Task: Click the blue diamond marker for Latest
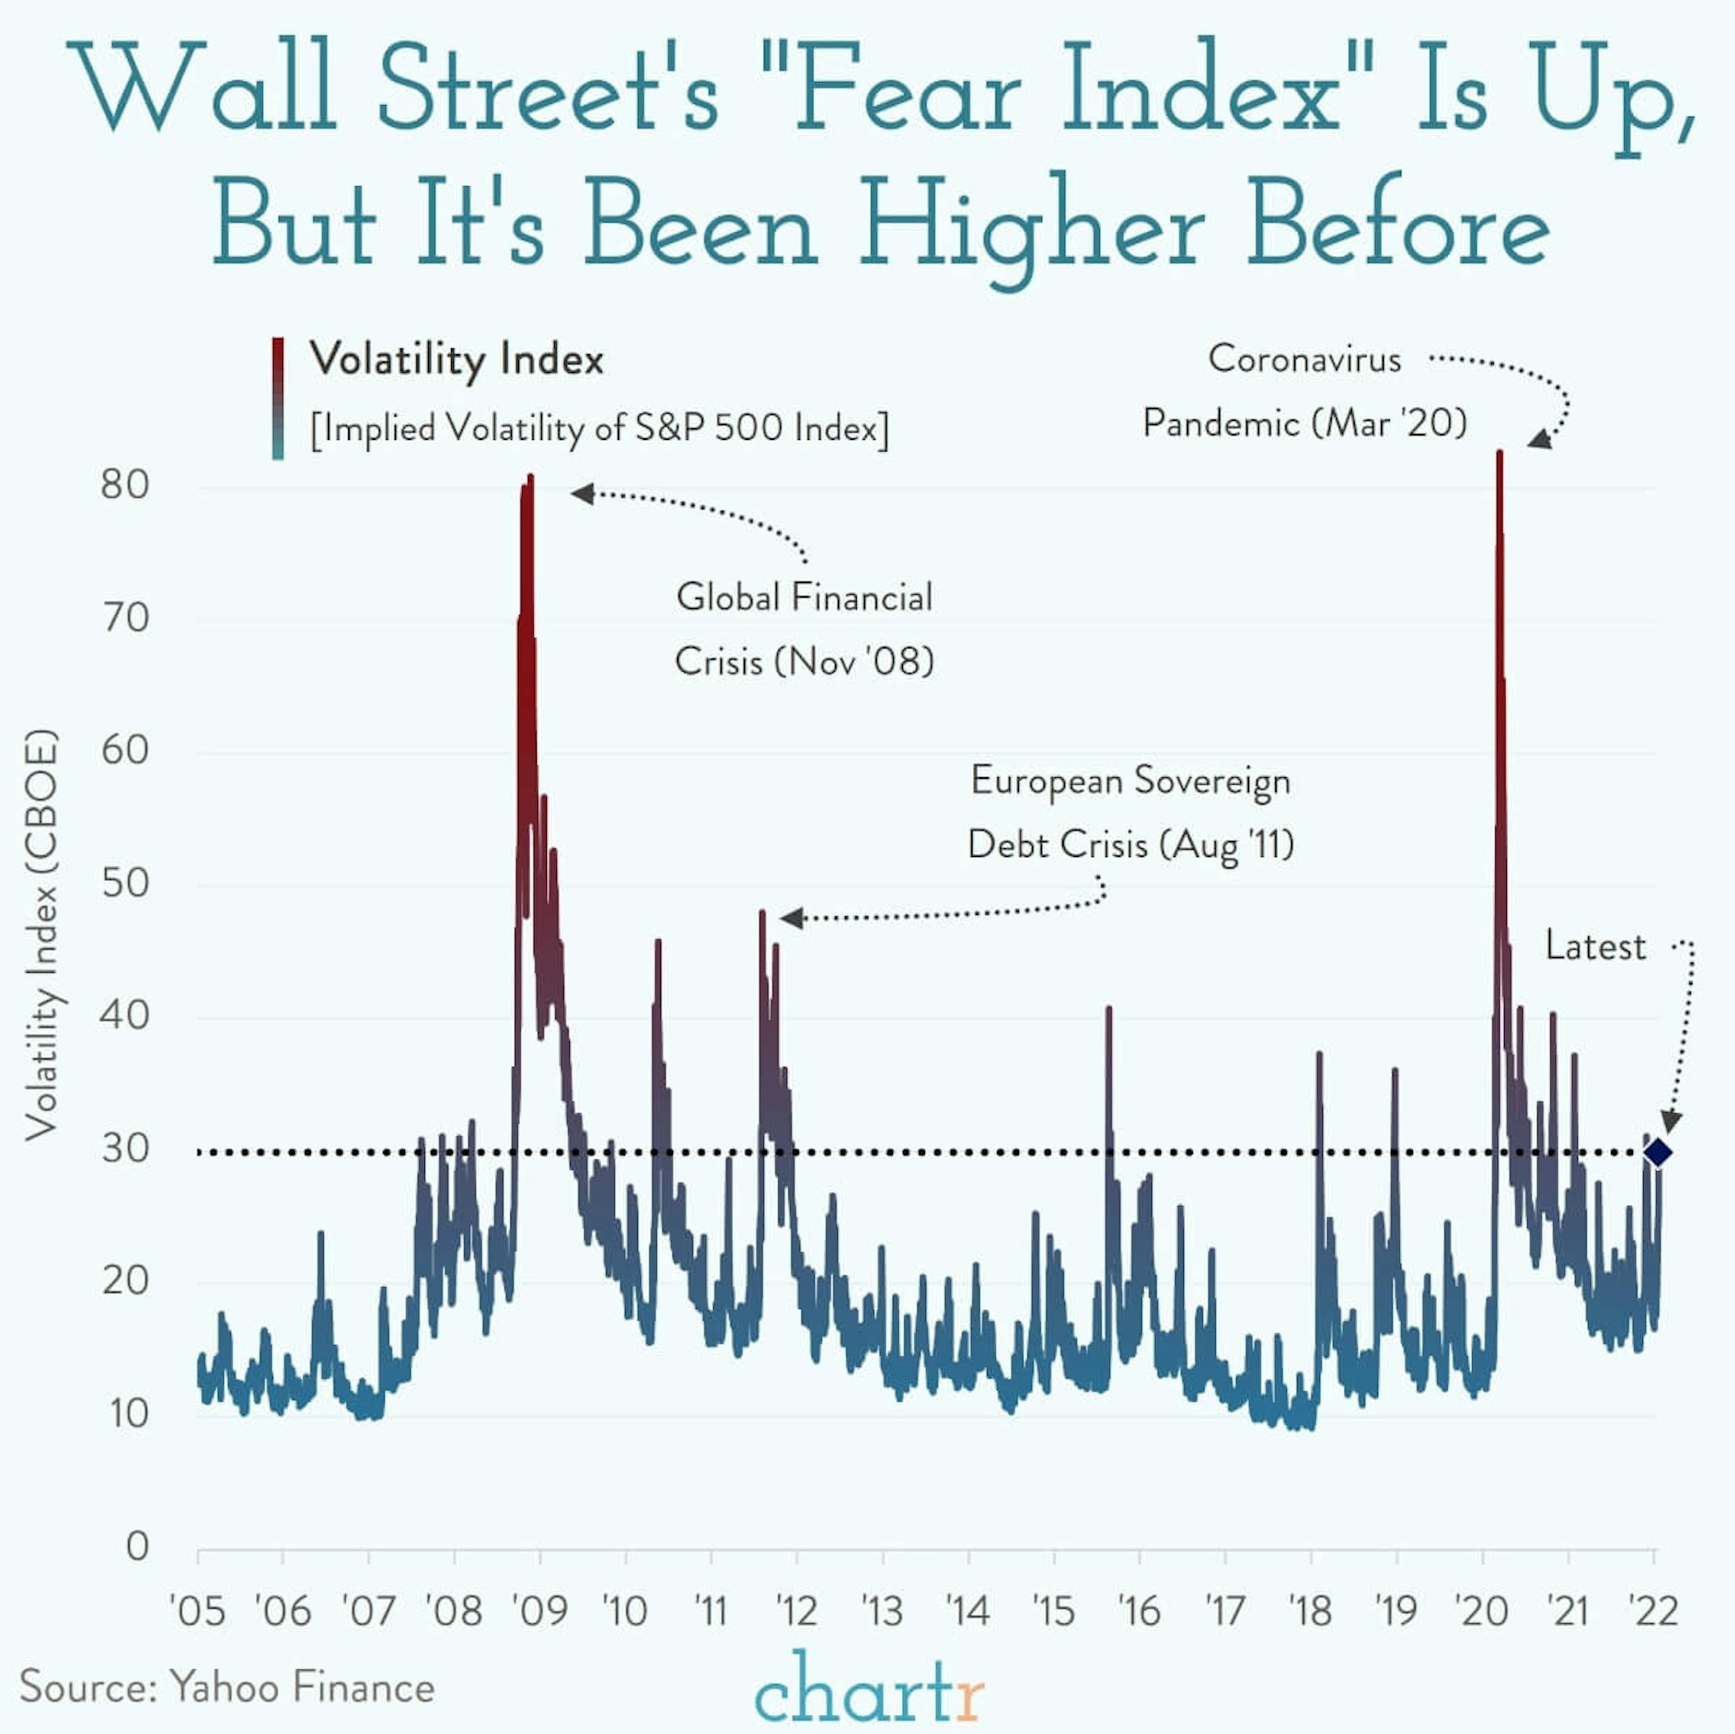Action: pyautogui.click(x=1657, y=1153)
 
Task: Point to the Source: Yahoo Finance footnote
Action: pyautogui.click(x=227, y=1687)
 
